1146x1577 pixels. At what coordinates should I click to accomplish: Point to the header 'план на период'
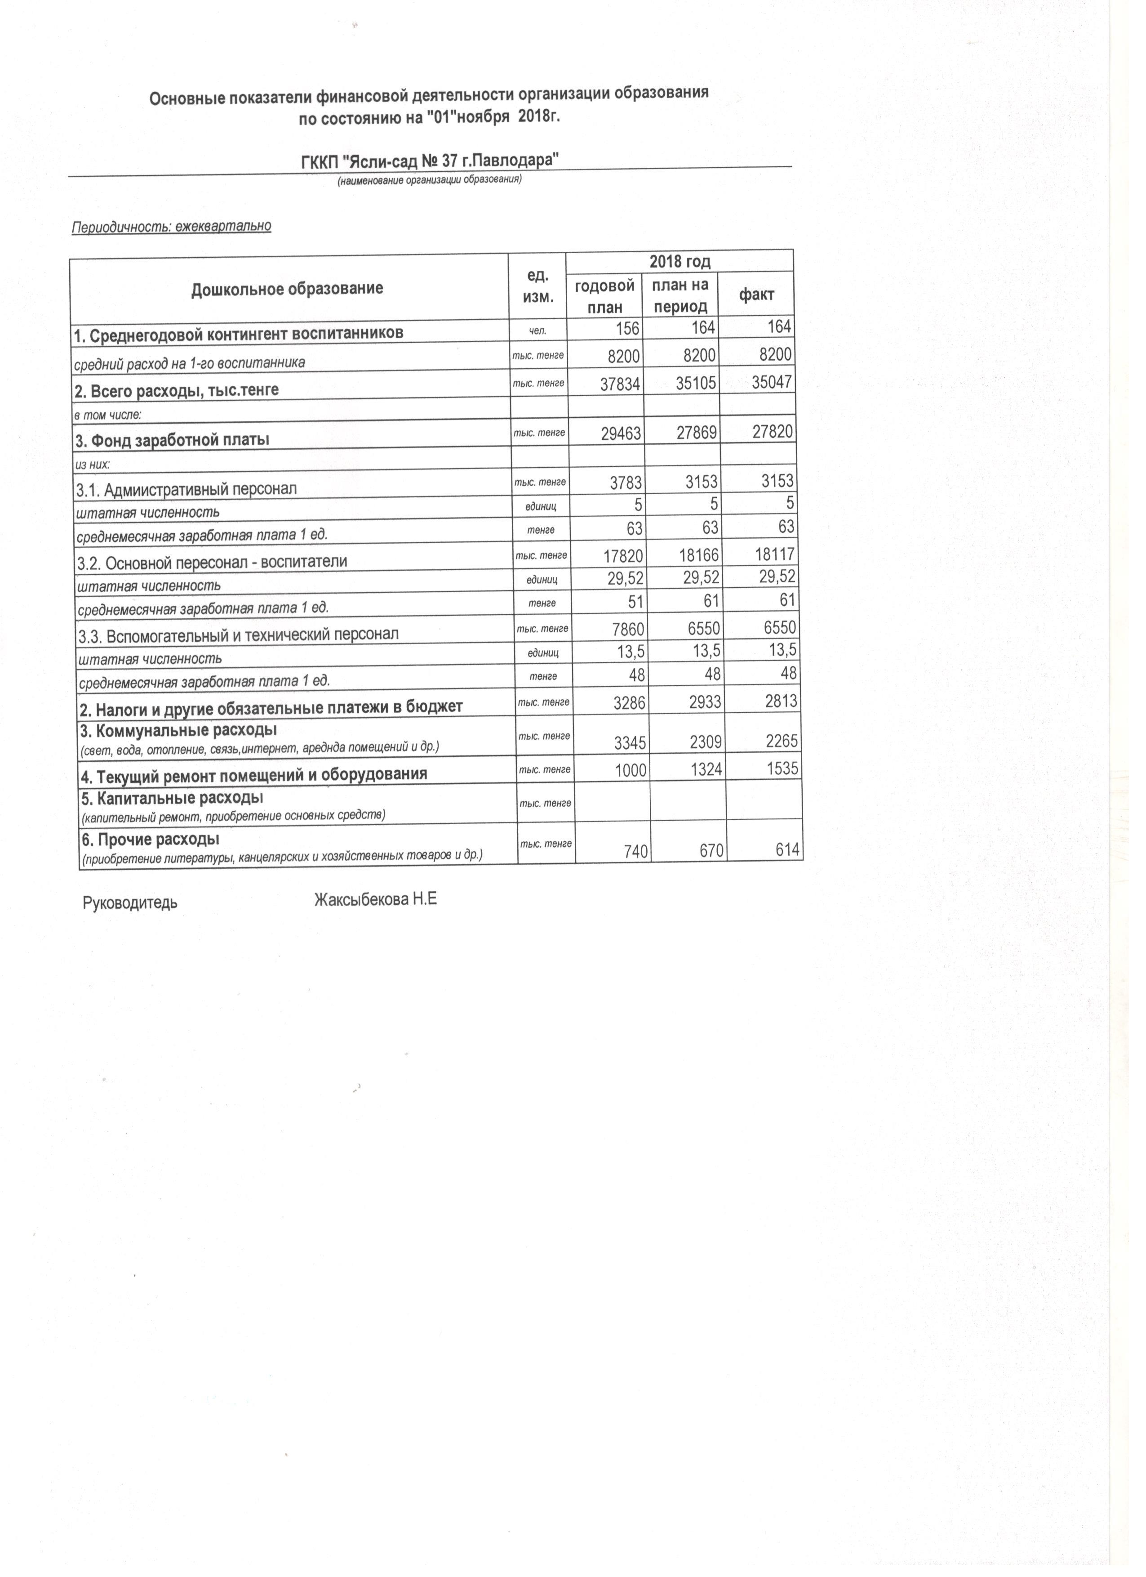point(680,295)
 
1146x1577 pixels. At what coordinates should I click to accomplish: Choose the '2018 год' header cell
point(679,261)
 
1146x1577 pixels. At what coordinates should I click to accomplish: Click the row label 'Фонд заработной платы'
point(173,439)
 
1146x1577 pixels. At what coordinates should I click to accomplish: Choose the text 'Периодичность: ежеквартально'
point(171,226)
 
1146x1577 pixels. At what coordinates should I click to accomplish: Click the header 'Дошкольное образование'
point(287,288)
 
